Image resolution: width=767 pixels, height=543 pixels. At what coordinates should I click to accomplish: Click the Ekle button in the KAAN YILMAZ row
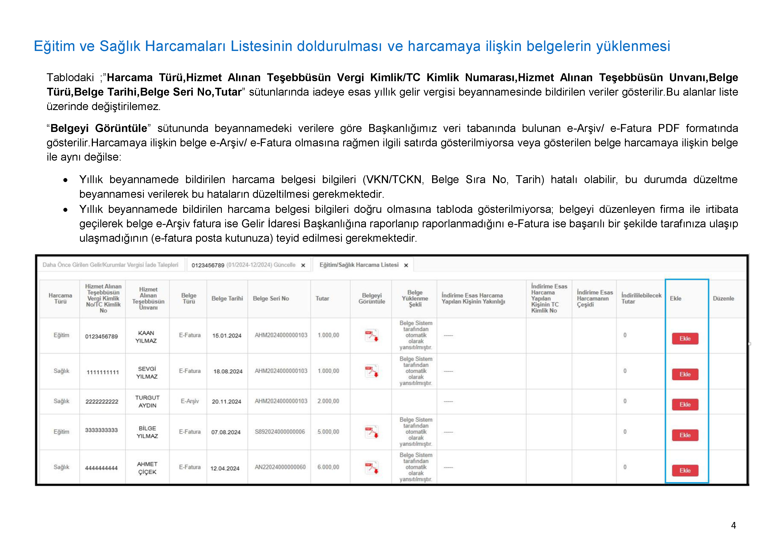685,338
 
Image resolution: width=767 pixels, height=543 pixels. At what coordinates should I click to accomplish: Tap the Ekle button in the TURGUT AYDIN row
685,404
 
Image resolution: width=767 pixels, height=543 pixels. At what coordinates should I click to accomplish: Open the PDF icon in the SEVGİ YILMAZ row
371,371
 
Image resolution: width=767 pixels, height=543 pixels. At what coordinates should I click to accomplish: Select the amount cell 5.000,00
328,432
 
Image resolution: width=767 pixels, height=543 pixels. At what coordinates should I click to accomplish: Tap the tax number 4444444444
101,468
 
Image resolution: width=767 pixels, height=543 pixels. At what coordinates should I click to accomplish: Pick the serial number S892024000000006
280,432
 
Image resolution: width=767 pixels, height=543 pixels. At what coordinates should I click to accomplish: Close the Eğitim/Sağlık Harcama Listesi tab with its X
406,265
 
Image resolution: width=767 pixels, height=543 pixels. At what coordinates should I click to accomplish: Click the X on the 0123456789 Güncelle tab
303,265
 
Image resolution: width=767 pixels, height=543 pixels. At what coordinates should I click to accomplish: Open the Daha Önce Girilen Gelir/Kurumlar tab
110,265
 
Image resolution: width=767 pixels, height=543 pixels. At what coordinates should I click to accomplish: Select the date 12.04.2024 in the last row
225,468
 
